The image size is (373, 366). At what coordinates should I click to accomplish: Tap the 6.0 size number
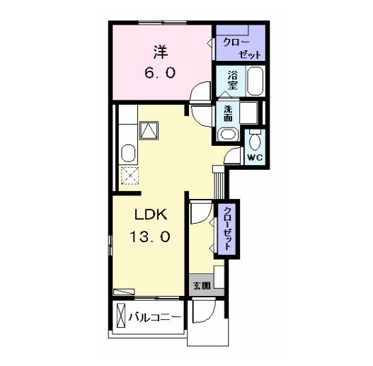pos(160,73)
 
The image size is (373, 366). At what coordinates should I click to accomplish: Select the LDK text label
pos(151,215)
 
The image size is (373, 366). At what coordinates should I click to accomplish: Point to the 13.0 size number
pos(150,236)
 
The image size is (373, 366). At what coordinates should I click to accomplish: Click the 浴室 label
pos(233,80)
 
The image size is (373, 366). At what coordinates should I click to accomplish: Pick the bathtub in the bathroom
pos(256,81)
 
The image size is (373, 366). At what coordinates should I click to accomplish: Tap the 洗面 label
pos(228,113)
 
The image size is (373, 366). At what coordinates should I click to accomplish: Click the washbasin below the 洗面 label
pos(228,135)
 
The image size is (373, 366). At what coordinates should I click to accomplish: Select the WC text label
pos(255,157)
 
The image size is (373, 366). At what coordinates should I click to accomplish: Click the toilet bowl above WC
pos(255,140)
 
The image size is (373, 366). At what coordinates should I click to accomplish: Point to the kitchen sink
pos(128,153)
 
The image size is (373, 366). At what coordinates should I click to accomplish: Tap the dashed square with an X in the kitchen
pos(130,176)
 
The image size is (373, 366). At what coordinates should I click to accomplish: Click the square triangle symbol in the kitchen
pos(149,130)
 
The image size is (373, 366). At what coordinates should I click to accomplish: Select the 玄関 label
pos(202,286)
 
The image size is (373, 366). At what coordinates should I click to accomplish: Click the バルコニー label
pos(154,317)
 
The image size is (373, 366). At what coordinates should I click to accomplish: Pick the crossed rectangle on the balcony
pos(120,316)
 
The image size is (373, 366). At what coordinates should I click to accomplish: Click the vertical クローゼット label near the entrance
pos(227,228)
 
